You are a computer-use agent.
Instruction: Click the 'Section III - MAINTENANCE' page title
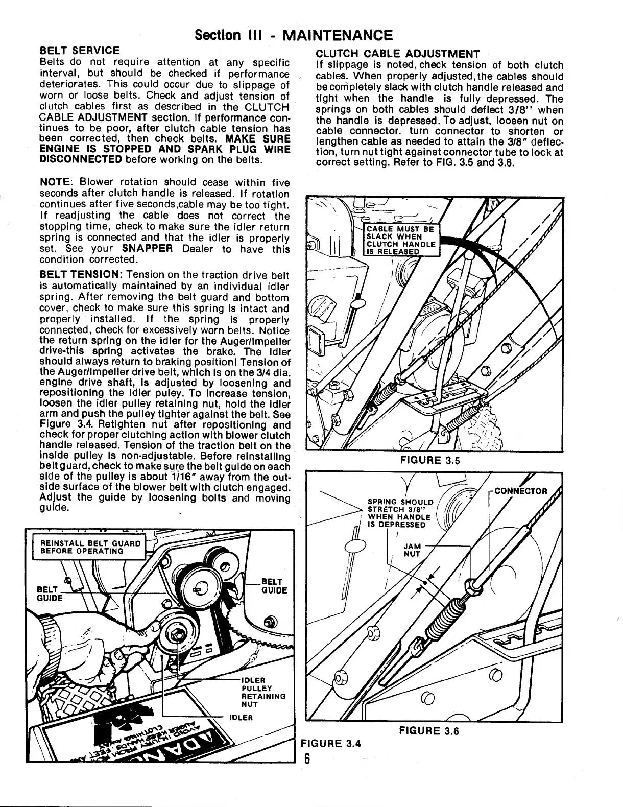[294, 35]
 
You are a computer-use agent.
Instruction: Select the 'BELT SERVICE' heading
[80, 51]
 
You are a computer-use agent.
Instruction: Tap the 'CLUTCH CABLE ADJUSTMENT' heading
[398, 54]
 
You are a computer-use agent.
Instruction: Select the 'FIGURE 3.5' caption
[430, 460]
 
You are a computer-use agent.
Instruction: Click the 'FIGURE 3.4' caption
[330, 743]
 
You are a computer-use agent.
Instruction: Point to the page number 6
[308, 758]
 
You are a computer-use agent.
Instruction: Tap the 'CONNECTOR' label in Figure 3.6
[520, 491]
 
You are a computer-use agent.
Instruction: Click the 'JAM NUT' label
[412, 550]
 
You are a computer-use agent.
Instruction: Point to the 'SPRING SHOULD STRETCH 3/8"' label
[400, 513]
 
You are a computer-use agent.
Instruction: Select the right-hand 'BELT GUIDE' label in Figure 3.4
[274, 586]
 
